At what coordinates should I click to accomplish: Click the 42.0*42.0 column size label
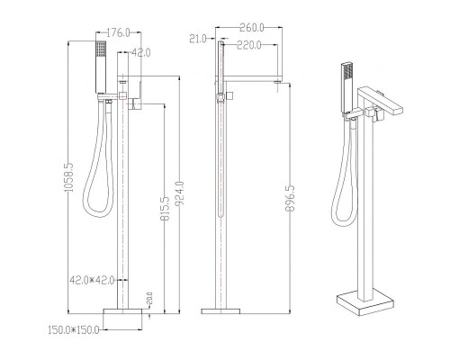pos(93,280)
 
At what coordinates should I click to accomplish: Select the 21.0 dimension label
pos(199,39)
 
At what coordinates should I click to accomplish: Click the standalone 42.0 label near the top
pos(140,53)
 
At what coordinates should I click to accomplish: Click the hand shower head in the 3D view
pos(346,76)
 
